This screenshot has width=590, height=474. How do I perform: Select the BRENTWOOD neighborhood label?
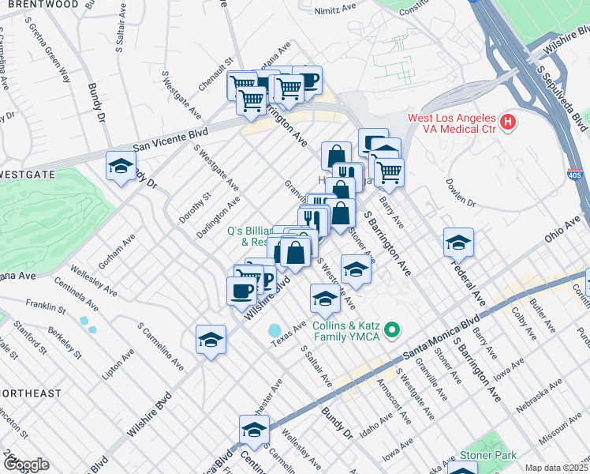tap(43, 5)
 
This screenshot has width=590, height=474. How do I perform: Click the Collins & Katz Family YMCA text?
tap(345, 331)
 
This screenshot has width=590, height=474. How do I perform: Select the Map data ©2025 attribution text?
tap(557, 468)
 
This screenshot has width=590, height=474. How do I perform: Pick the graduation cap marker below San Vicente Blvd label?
tap(121, 166)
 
